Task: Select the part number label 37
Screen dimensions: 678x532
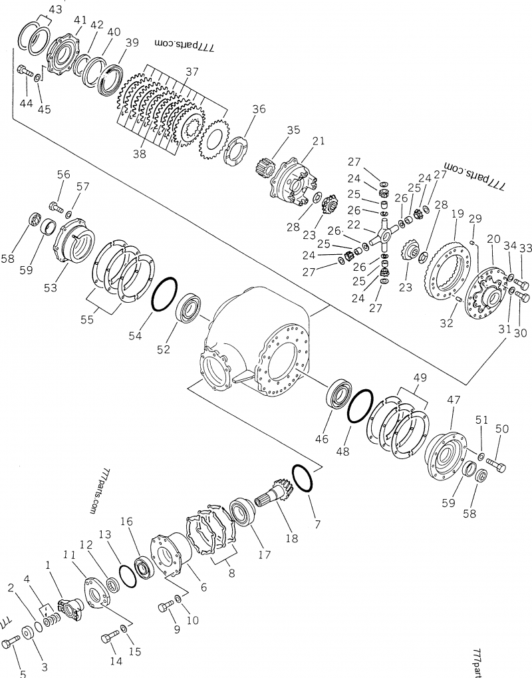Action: click(x=192, y=71)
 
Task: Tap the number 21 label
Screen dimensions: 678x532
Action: click(x=319, y=141)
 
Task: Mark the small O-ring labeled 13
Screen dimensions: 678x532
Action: click(x=127, y=576)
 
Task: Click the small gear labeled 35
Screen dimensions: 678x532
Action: click(x=265, y=166)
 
